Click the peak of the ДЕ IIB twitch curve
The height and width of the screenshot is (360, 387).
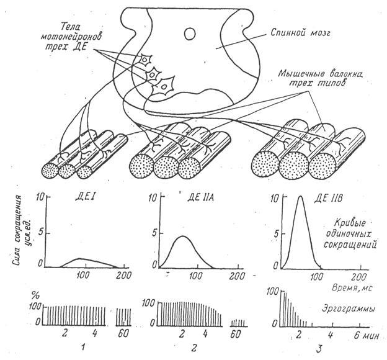point(300,197)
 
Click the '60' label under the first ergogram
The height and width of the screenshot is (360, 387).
point(123,335)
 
